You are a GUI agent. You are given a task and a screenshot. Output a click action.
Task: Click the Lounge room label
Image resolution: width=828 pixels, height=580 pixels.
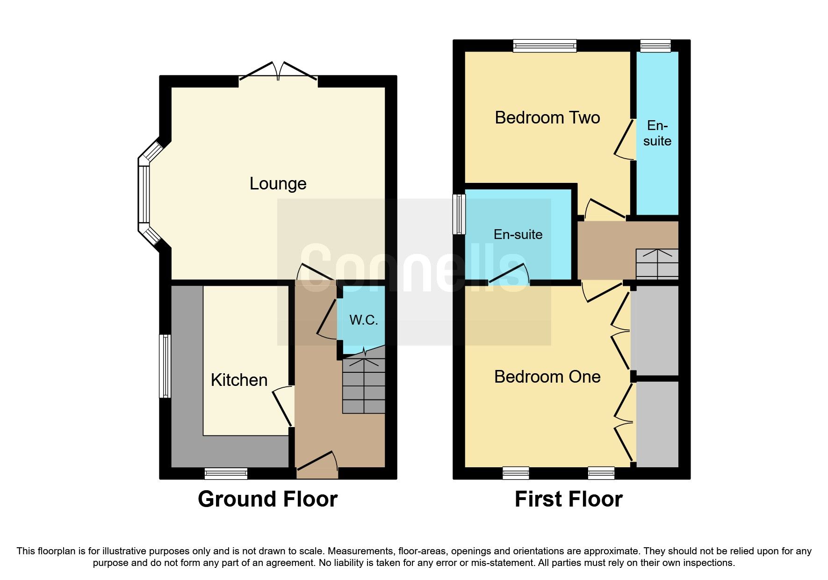pyautogui.click(x=278, y=183)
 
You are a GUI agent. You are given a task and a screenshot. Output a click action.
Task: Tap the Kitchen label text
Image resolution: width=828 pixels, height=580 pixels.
pyautogui.click(x=239, y=380)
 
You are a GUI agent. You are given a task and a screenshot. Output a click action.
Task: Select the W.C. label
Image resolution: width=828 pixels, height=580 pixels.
pyautogui.click(x=363, y=320)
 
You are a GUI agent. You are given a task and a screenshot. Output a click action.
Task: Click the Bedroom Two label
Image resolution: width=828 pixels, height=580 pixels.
pyautogui.click(x=547, y=117)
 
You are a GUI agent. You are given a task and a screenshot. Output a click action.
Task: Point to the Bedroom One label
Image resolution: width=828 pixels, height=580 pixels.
pyautogui.click(x=547, y=377)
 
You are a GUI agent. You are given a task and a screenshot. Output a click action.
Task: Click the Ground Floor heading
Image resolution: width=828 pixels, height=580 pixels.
pyautogui.click(x=267, y=499)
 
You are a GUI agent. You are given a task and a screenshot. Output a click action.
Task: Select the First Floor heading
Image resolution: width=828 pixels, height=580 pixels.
pyautogui.click(x=568, y=499)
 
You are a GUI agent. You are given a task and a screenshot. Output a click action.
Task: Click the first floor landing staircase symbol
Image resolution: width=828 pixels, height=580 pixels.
pyautogui.click(x=657, y=264)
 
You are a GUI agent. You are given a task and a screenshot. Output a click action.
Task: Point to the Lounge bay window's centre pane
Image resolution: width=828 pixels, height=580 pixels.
pyautogui.click(x=144, y=194)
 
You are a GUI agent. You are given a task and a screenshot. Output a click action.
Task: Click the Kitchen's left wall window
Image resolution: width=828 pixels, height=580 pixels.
pyautogui.click(x=165, y=366)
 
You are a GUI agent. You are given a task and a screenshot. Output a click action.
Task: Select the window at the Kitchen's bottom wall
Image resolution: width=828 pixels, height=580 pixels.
pyautogui.click(x=226, y=474)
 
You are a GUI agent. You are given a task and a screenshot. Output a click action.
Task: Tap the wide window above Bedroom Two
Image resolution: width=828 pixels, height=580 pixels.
pyautogui.click(x=544, y=45)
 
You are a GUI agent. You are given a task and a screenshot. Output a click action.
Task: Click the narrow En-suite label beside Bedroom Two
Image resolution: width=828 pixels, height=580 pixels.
pyautogui.click(x=657, y=133)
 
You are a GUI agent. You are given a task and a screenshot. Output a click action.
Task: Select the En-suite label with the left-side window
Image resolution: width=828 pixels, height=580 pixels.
pyautogui.click(x=518, y=234)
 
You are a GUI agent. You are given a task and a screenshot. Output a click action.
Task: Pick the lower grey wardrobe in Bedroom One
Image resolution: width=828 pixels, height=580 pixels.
pyautogui.click(x=657, y=424)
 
